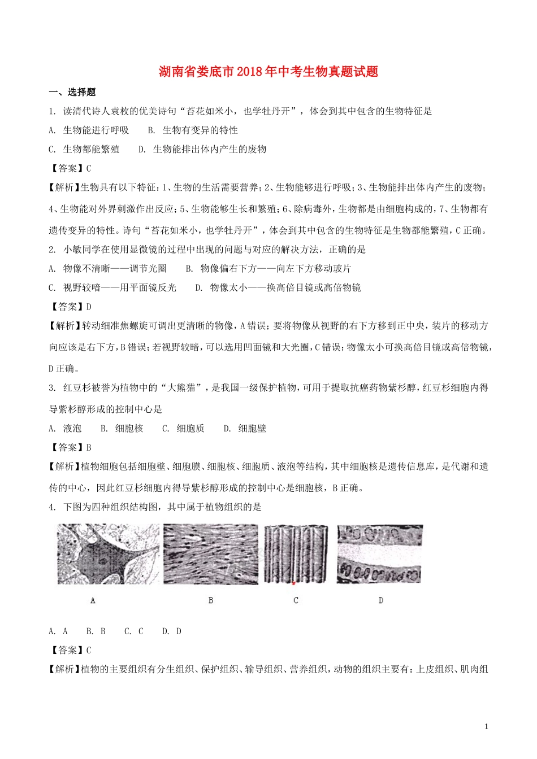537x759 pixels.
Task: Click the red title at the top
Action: (x=268, y=72)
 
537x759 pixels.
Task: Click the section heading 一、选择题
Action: (x=72, y=92)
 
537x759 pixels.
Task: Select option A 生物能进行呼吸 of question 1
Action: (x=89, y=130)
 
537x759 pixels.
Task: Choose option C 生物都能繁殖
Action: (x=84, y=150)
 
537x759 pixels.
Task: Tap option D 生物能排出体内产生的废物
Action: (x=202, y=150)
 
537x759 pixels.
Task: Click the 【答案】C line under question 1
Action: (x=70, y=168)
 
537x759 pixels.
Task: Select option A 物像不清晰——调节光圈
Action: (x=108, y=269)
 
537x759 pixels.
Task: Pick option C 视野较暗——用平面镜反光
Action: (x=112, y=288)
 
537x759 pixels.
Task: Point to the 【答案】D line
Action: (x=70, y=307)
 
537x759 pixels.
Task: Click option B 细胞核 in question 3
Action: (x=122, y=429)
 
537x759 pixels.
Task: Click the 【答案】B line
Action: (x=70, y=447)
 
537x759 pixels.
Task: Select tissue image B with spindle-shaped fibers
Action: (x=211, y=554)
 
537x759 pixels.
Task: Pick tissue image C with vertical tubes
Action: (x=296, y=554)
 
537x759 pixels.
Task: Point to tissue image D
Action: (x=380, y=554)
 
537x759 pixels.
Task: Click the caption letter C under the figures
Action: (x=296, y=600)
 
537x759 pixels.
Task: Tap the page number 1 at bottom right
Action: (x=487, y=726)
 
